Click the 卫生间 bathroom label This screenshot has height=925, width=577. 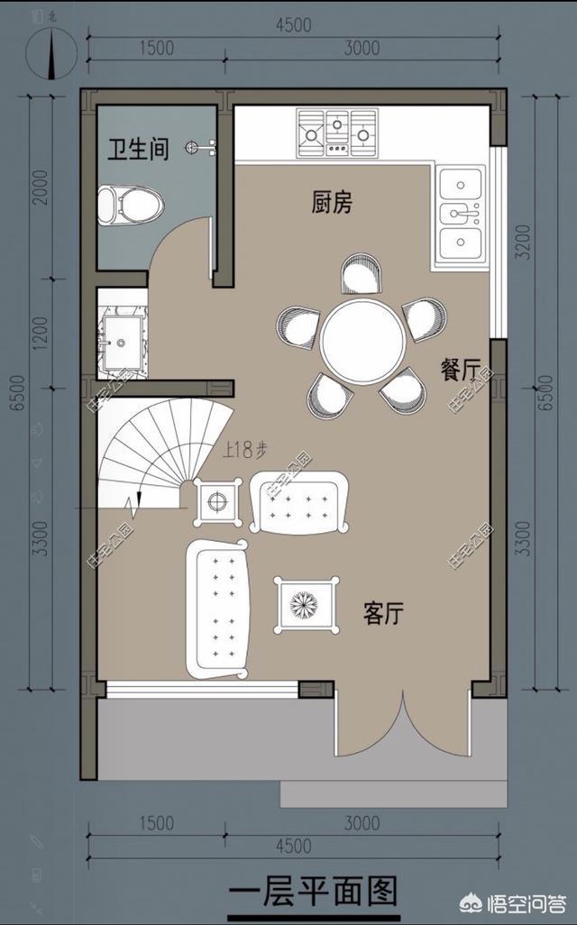(138, 149)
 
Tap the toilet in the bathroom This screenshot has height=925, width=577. (130, 205)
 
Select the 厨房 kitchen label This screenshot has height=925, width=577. (331, 203)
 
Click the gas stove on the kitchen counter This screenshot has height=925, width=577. (336, 132)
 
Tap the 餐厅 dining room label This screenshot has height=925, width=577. (460, 371)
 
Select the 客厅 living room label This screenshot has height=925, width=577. (383, 615)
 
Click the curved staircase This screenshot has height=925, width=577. (149, 451)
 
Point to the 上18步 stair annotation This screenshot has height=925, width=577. (246, 451)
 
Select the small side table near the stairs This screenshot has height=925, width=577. (216, 501)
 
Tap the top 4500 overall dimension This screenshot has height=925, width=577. (294, 24)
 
